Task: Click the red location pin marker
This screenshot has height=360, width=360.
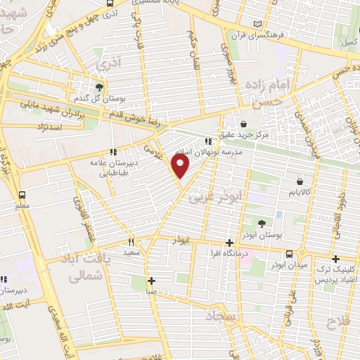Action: tap(181, 166)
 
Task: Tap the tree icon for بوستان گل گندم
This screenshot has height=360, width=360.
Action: tap(100, 87)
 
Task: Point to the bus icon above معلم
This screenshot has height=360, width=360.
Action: tap(22, 195)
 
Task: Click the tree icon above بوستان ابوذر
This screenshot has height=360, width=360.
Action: tap(262, 224)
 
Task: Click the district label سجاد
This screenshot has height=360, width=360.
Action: tap(224, 316)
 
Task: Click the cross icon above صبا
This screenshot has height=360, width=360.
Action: tap(152, 281)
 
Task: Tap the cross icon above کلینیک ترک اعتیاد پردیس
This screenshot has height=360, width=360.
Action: tap(335, 259)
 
